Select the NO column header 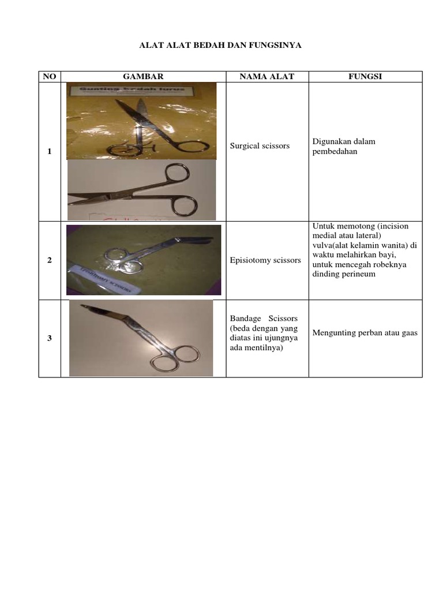(x=50, y=77)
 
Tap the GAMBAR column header (x=143, y=77)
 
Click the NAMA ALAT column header (x=267, y=77)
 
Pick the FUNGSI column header (x=365, y=77)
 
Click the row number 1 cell (x=50, y=151)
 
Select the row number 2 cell (x=50, y=260)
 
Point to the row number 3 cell (x=50, y=338)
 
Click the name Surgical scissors (x=260, y=146)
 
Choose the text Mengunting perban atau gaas (x=365, y=332)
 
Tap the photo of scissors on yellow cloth (x=141, y=120)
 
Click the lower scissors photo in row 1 (x=141, y=190)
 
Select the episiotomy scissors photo (x=144, y=260)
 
